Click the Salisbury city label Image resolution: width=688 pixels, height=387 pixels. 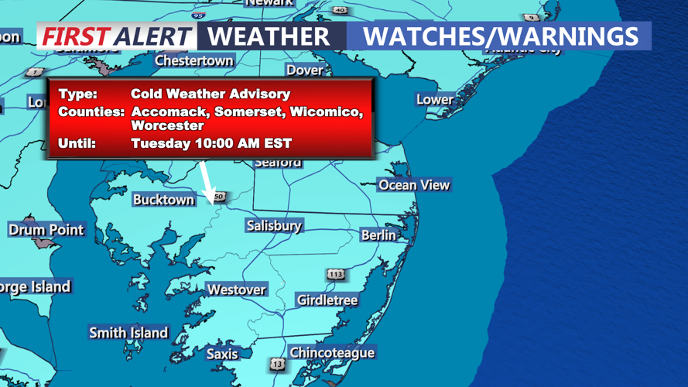click(273, 226)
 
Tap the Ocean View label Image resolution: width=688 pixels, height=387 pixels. click(413, 185)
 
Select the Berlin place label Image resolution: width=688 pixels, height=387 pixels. click(378, 235)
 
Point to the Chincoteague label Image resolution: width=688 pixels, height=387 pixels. click(332, 353)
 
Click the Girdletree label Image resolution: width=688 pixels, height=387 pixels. click(327, 300)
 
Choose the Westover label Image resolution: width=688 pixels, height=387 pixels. click(236, 289)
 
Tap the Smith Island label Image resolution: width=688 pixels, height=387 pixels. click(128, 333)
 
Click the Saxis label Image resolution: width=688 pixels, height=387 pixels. click(222, 354)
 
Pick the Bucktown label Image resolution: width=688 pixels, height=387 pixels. click(163, 200)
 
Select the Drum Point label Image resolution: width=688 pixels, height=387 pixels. click(46, 230)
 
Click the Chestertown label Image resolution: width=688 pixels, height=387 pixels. click(193, 60)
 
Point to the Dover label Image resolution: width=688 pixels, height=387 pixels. click(305, 70)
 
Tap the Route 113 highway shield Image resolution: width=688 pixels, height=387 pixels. click(335, 274)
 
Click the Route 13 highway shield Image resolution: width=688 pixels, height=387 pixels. click(277, 363)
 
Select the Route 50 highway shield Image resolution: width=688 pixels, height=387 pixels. click(219, 197)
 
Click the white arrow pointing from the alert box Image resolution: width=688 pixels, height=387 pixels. click(207, 178)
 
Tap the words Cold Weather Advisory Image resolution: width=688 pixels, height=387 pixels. click(211, 94)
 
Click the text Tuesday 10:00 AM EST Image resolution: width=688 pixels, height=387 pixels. click(211, 143)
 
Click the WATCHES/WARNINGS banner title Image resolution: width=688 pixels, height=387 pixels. click(500, 36)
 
